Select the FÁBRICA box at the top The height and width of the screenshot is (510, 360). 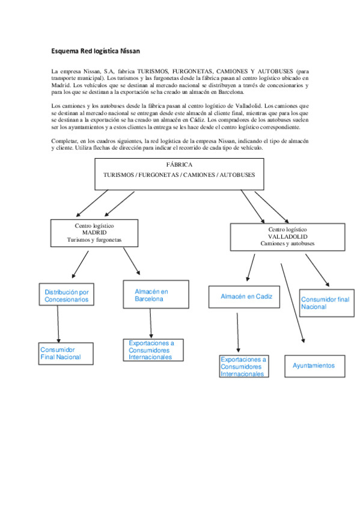[x=179, y=174]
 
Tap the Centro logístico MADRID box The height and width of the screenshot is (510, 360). [x=94, y=233]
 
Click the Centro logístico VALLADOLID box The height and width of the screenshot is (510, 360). [x=287, y=237]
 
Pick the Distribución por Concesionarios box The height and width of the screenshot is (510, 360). [x=67, y=295]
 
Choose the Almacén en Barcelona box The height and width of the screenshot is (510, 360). [x=151, y=295]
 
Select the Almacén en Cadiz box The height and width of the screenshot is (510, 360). [x=246, y=296]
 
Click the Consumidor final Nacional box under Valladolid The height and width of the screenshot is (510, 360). [x=325, y=303]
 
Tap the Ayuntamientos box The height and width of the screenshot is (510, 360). [x=315, y=366]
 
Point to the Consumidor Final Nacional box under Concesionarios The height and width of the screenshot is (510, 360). [x=66, y=354]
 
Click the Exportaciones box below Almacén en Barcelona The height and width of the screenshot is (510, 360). [x=154, y=350]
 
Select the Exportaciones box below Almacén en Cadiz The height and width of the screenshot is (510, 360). [x=243, y=366]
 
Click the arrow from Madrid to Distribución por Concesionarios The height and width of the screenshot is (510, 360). [x=80, y=264]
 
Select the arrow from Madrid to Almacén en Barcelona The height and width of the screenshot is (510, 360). [x=131, y=262]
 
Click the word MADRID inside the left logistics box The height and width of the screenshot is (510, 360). [x=94, y=233]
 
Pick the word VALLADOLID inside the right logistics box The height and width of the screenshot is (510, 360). [x=288, y=237]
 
